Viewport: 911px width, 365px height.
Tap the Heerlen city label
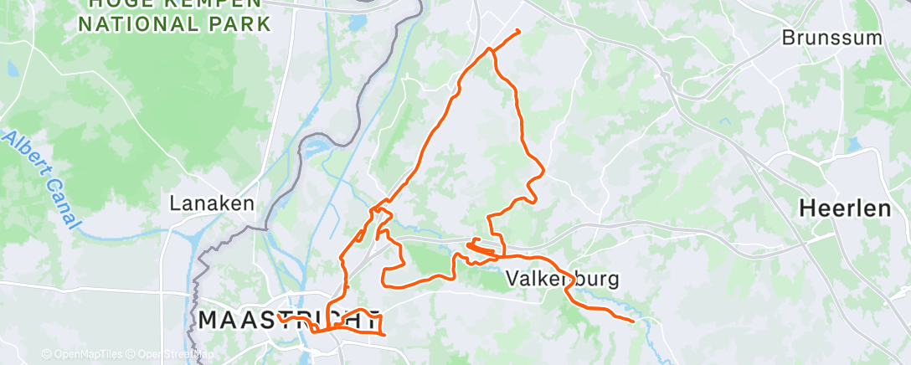click(845, 208)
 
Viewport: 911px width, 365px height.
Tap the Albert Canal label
click(42, 179)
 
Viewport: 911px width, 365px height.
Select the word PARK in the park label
click(240, 23)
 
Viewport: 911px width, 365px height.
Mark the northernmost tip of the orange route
click(518, 32)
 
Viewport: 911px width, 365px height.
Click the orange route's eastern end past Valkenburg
click(632, 320)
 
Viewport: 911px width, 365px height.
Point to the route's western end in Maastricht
click(281, 319)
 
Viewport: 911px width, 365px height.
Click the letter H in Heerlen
click(807, 208)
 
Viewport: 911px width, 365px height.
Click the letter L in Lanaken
click(175, 203)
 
